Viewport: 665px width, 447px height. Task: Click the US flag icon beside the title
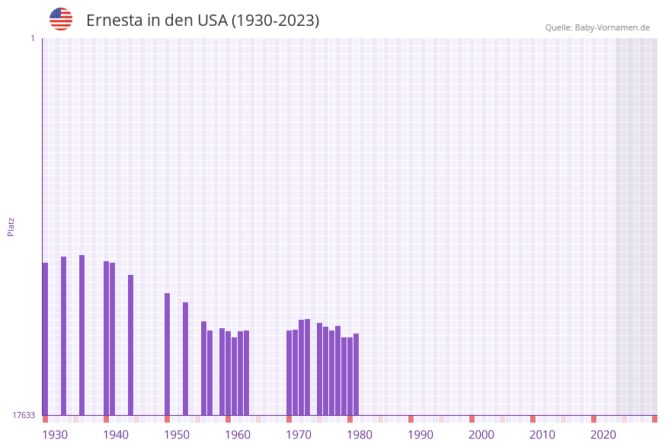61,19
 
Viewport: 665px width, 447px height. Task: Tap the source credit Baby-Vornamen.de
597,27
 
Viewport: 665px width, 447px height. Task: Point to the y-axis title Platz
11,226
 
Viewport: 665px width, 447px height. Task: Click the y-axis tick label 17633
24,415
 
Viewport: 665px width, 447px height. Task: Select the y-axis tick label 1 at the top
32,38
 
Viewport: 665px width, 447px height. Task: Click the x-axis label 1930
55,435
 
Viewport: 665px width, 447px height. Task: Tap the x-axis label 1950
177,435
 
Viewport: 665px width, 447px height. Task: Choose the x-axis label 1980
360,435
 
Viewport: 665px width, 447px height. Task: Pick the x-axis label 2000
481,435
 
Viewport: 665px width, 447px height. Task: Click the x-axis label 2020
603,435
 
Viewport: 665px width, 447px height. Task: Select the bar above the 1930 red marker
45,339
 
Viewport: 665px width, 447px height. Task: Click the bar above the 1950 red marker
167,354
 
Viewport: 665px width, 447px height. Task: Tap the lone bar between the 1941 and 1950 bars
130,345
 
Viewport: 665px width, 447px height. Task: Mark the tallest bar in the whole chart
82,335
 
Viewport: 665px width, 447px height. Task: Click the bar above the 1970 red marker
289,372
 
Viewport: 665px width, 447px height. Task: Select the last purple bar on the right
356,374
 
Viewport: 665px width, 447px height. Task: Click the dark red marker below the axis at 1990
411,419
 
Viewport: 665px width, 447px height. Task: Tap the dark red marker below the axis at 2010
532,419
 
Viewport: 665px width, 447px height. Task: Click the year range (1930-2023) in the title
275,21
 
